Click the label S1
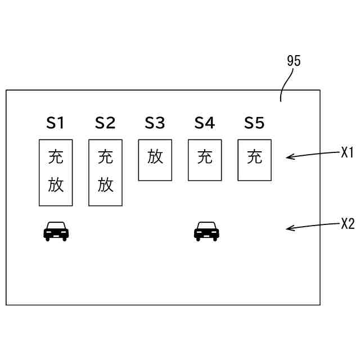pyautogui.click(x=56, y=123)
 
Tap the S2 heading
pyautogui.click(x=105, y=123)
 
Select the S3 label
pyautogui.click(x=155, y=123)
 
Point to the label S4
pyautogui.click(x=205, y=123)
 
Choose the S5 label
pyautogui.click(x=254, y=123)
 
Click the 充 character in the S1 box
pyautogui.click(x=56, y=157)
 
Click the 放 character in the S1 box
pyautogui.click(x=56, y=185)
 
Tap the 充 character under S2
pyautogui.click(x=105, y=157)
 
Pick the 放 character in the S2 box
pyautogui.click(x=105, y=185)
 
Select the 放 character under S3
pyautogui.click(x=155, y=157)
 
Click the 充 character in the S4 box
pyautogui.click(x=205, y=157)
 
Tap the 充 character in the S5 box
pyautogui.click(x=254, y=157)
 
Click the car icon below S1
pyautogui.click(x=56, y=231)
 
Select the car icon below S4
pyautogui.click(x=206, y=231)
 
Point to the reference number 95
pyautogui.click(x=294, y=61)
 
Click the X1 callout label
pyautogui.click(x=347, y=152)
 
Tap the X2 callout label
pyautogui.click(x=348, y=223)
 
